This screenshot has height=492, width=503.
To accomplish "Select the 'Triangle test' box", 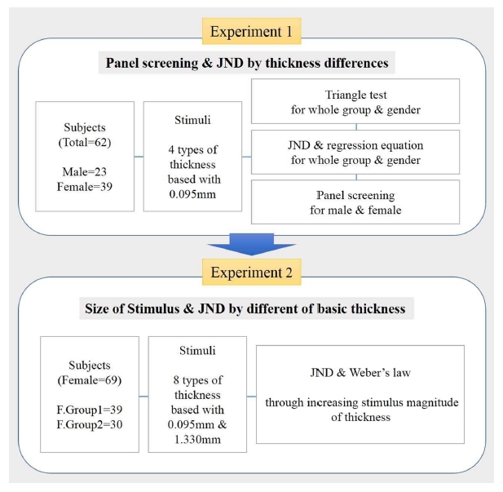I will pos(355,102).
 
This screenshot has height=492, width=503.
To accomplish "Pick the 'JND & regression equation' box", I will pos(355,152).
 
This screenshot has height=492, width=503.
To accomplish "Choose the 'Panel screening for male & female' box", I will pos(355,202).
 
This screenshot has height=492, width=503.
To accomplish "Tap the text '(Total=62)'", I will pos(85,142).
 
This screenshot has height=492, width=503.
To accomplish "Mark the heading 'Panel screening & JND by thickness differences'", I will pos(250,63).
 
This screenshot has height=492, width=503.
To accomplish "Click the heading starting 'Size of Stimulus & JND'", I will pos(250,308).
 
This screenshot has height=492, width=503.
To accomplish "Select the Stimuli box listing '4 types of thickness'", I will pos(192,156).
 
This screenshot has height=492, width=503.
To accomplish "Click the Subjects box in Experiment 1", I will pos(85,156).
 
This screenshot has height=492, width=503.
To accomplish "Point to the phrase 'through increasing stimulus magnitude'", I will pos(360,401).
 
